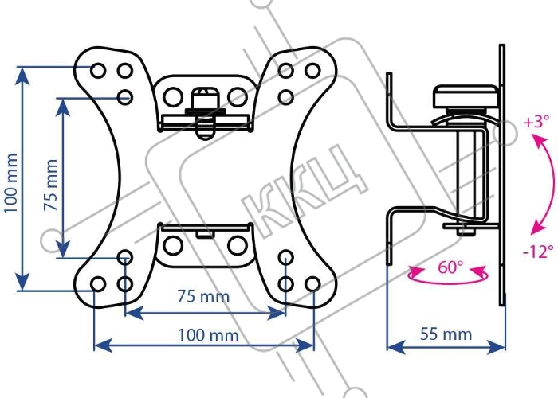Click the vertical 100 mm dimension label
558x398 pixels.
pos(10,183)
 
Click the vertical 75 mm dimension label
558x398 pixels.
pos(50,185)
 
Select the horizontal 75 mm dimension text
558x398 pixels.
pos(203,296)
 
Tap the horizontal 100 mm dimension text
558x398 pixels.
pos(208,335)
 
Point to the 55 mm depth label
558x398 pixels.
pos(446,334)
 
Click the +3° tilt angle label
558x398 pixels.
pos(536,122)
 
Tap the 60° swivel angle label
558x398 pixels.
pos(450,267)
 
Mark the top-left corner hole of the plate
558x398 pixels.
pos(98,70)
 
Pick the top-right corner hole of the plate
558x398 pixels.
pos(312,70)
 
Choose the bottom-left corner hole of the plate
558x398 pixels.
pos(97,284)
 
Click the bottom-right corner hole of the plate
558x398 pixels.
pos(312,284)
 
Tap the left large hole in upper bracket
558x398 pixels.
pos(173,97)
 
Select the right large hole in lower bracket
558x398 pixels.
pos(238,245)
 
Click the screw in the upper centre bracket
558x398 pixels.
pos(205,114)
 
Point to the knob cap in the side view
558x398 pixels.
pos(466,96)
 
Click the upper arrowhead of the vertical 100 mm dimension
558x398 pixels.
pos(23,76)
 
